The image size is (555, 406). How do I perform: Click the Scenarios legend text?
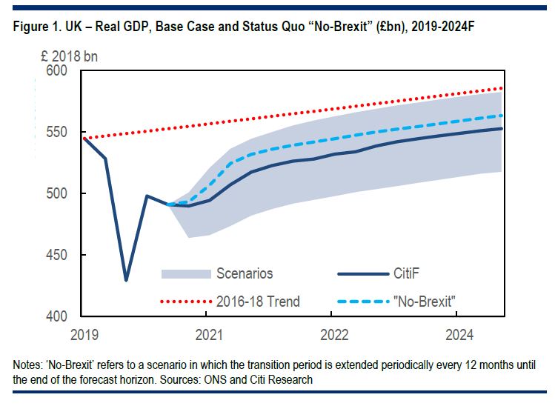pyautogui.click(x=245, y=273)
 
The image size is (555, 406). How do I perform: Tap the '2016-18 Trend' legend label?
pyautogui.click(x=258, y=301)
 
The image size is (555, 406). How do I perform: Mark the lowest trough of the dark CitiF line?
pyautogui.click(x=126, y=280)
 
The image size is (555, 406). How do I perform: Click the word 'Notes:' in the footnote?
pyautogui.click(x=28, y=366)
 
